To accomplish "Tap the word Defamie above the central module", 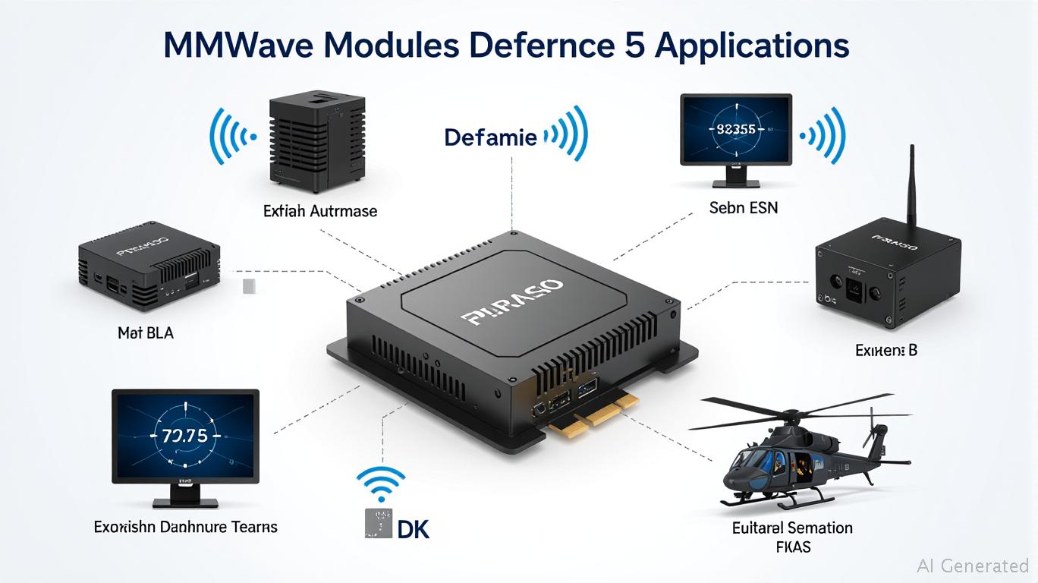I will click(490, 137).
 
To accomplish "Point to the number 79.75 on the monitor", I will click(185, 437).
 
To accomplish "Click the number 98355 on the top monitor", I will click(735, 129).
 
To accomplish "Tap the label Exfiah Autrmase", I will click(320, 211).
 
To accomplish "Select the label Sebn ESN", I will click(743, 206).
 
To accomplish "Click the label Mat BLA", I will click(141, 332).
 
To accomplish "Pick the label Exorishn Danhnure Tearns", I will click(185, 526).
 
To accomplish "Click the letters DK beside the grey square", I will click(413, 529).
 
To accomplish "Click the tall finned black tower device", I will click(316, 140).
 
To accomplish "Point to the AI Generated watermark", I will click(973, 566).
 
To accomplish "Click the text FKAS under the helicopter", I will click(792, 547).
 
